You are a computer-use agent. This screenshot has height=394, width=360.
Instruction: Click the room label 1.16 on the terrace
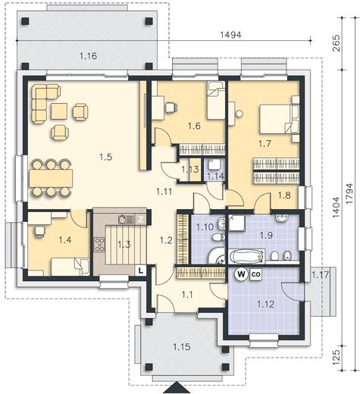tap(88, 56)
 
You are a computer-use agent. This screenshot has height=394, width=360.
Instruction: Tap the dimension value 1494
tap(231, 35)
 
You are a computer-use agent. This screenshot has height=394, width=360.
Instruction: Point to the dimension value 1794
tap(350, 194)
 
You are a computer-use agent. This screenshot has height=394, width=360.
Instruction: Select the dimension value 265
tap(337, 44)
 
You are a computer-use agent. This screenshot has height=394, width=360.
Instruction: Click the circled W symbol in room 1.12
tap(241, 274)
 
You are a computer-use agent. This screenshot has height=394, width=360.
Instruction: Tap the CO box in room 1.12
tap(256, 274)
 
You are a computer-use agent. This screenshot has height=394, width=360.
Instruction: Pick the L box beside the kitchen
tap(141, 271)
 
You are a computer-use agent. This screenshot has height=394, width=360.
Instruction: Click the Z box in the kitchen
tap(141, 220)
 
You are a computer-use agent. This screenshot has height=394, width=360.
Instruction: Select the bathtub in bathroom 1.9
tap(246, 257)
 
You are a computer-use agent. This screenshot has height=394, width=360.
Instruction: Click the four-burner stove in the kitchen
tap(99, 245)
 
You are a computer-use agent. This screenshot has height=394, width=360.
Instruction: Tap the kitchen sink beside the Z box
tap(126, 219)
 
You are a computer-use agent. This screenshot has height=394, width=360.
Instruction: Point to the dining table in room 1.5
tap(51, 178)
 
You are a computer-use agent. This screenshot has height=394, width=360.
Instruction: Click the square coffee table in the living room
tap(59, 111)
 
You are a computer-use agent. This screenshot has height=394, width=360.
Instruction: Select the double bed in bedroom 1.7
tap(276, 119)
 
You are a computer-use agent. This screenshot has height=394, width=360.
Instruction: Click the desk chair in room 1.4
tap(39, 231)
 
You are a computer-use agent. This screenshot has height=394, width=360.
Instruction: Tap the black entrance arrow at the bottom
tap(177, 388)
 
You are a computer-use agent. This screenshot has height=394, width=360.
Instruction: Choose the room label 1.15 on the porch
tap(182, 347)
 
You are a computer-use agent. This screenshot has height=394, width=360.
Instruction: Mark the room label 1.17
tap(321, 274)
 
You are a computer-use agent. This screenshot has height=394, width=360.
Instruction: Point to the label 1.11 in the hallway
tap(164, 192)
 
